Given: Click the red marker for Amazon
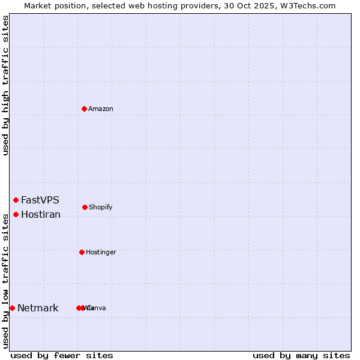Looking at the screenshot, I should pos(84,109).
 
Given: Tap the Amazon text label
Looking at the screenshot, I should pos(100,109).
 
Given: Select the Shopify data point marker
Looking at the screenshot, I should pos(85,207).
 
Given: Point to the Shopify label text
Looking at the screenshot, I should pos(100,208).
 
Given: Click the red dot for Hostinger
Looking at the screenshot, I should pos(82,252).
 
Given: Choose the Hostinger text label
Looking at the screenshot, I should pos(101,253).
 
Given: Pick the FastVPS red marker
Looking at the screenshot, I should pos(16,200).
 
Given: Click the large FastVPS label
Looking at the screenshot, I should pos(40,200).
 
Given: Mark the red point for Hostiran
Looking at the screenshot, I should pos(16,214).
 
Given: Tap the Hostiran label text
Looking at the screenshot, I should pos(40,215).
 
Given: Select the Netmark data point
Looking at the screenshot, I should pos(12,308).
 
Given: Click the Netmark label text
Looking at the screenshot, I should pos(38,308).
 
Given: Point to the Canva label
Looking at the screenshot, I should pos(97,308).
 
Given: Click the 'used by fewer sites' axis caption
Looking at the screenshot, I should pos(62,356).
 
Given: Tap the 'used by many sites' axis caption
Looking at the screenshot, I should pos(301,356).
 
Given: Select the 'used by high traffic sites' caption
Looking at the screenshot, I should pos(5,85).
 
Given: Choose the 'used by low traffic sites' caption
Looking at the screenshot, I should pos(5,280).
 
